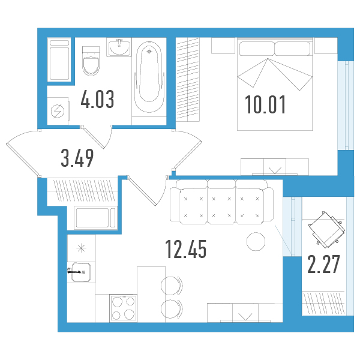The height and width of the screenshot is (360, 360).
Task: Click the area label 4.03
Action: click(x=97, y=99)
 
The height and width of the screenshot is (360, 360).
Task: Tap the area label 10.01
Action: click(x=265, y=104)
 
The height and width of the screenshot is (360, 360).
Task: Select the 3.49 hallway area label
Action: click(x=77, y=158)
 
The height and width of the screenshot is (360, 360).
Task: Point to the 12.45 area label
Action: click(x=186, y=249)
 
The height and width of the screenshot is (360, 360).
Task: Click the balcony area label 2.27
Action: click(x=323, y=264)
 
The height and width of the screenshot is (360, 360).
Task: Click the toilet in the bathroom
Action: click(x=91, y=61)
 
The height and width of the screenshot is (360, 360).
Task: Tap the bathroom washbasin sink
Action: click(x=119, y=47)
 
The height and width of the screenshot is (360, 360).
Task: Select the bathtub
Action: click(x=149, y=77)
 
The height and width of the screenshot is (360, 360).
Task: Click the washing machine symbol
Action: click(x=58, y=111)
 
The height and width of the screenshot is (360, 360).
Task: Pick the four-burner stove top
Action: click(x=123, y=308)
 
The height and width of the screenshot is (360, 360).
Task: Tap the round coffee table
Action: click(x=256, y=242)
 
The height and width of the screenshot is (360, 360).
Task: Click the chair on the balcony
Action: click(x=326, y=230)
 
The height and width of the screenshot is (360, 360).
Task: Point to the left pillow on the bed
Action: click(x=257, y=49)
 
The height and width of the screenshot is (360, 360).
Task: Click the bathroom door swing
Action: click(x=99, y=137)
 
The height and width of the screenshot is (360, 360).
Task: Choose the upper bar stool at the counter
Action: click(x=172, y=286)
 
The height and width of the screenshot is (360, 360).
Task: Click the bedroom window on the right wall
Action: click(x=346, y=106)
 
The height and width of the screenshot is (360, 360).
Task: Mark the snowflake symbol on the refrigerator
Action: click(x=81, y=248)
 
